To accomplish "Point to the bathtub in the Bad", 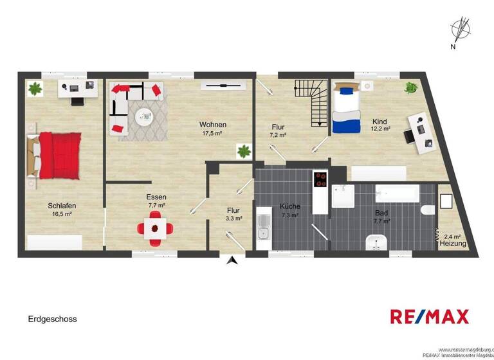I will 397,192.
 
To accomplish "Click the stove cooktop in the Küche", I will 320,179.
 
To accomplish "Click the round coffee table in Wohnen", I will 143,115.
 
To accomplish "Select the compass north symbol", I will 461,30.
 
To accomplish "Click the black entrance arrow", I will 233,260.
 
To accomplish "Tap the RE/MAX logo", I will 429,316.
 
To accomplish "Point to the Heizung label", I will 453,244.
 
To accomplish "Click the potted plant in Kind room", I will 410,88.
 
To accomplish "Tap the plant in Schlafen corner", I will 34,88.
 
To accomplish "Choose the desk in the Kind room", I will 422,132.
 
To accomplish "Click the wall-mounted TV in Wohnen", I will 222,84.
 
